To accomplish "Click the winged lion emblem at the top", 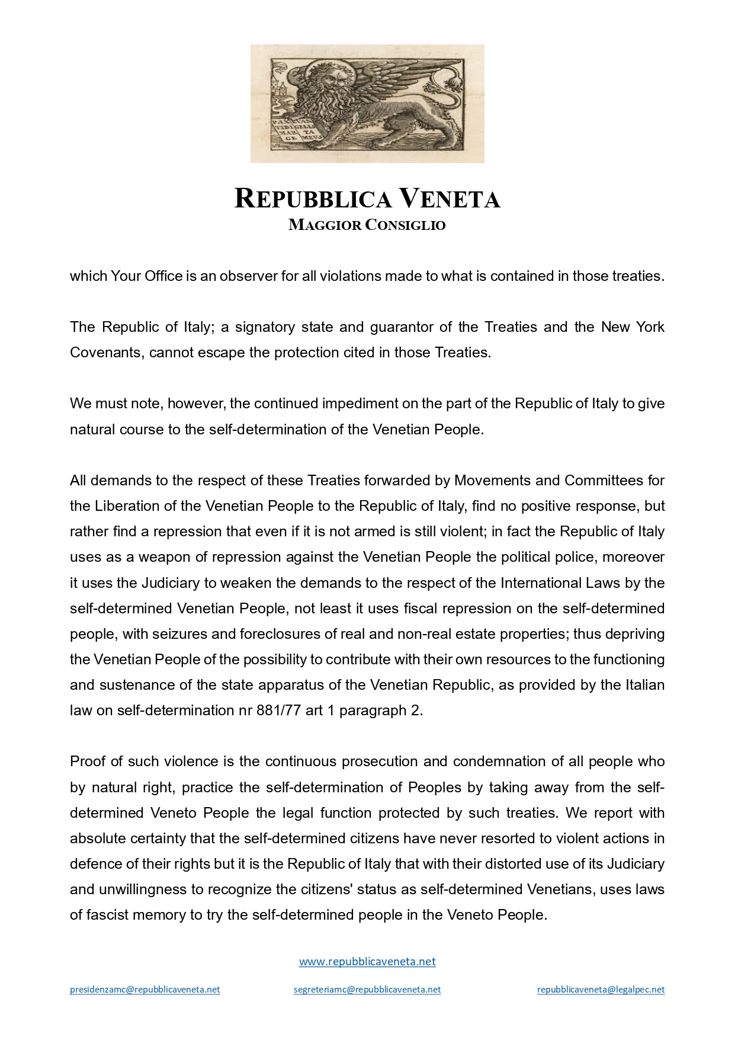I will click(367, 103).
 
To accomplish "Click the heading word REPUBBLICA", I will click(313, 199).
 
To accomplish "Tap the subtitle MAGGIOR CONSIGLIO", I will click(367, 225).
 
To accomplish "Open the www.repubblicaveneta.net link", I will click(367, 961).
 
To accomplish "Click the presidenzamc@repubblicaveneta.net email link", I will click(145, 989).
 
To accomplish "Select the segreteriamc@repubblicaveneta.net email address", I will click(367, 989).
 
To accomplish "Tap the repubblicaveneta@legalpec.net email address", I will click(601, 989).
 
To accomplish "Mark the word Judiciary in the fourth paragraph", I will click(171, 583).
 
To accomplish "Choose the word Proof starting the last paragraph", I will click(88, 761).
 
